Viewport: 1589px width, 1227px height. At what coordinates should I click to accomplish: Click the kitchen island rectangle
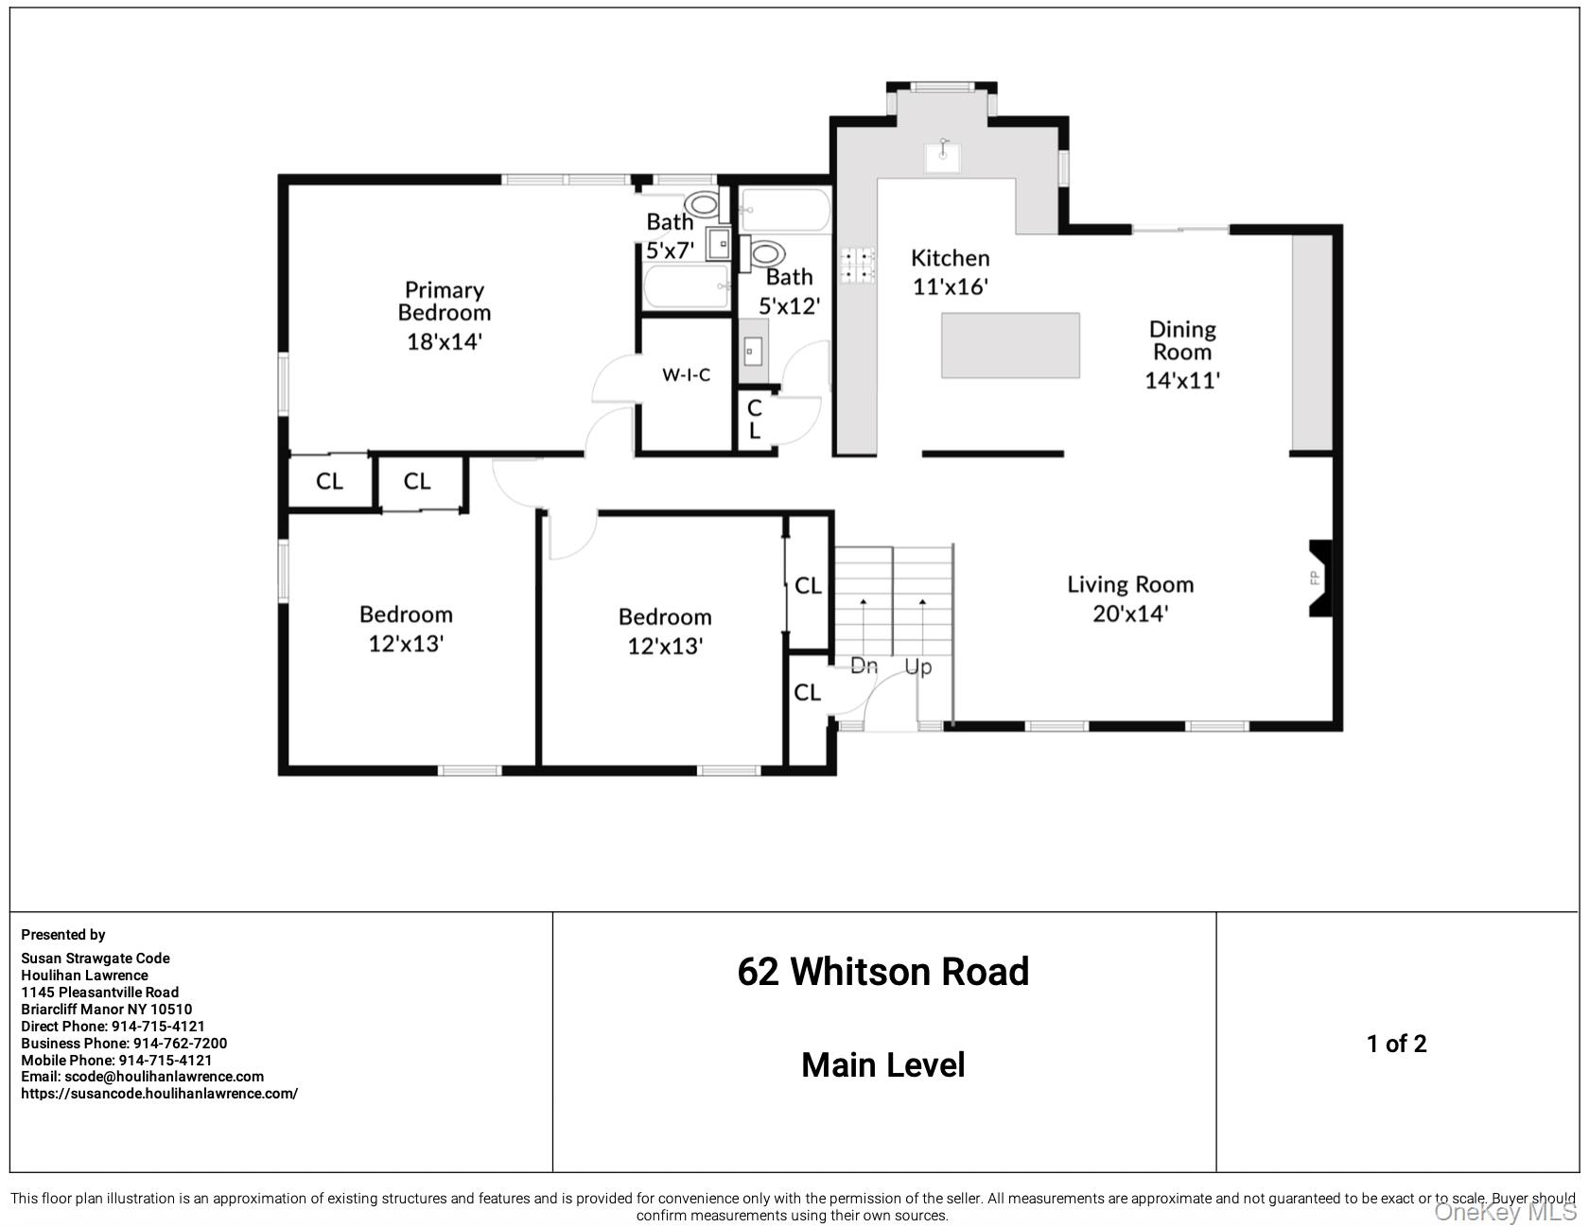[x=1010, y=345]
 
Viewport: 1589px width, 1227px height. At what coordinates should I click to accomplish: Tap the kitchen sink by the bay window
[x=942, y=157]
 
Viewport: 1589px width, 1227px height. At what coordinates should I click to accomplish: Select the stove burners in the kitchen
[x=858, y=266]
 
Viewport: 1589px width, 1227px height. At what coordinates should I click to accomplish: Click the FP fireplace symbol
[x=1319, y=578]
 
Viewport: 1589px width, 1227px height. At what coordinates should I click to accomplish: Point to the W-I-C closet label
[x=686, y=375]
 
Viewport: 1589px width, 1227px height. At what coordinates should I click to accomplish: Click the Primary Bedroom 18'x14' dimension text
[x=445, y=341]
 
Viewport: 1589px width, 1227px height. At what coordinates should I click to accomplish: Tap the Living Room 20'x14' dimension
[x=1130, y=613]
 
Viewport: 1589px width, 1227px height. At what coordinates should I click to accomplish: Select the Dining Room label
[x=1181, y=340]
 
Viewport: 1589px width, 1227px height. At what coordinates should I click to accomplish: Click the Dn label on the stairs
[x=864, y=665]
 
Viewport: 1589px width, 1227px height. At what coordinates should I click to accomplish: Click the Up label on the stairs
[x=917, y=666]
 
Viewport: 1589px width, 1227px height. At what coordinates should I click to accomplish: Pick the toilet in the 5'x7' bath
[x=702, y=203]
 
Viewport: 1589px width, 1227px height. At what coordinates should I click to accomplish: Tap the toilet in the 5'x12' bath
[x=767, y=254]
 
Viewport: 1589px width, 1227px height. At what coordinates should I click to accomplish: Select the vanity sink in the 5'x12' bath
[x=753, y=353]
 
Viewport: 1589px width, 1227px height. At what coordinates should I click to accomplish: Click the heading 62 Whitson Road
[x=882, y=972]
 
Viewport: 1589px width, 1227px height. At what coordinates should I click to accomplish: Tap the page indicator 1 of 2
[x=1396, y=1044]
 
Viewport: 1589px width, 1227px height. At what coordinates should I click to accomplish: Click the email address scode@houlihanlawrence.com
[x=164, y=1076]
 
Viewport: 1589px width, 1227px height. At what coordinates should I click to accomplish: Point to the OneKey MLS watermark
[x=1506, y=1211]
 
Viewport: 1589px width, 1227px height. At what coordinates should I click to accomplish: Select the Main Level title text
[x=882, y=1065]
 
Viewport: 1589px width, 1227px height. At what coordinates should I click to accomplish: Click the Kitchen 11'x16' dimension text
[x=950, y=286]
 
